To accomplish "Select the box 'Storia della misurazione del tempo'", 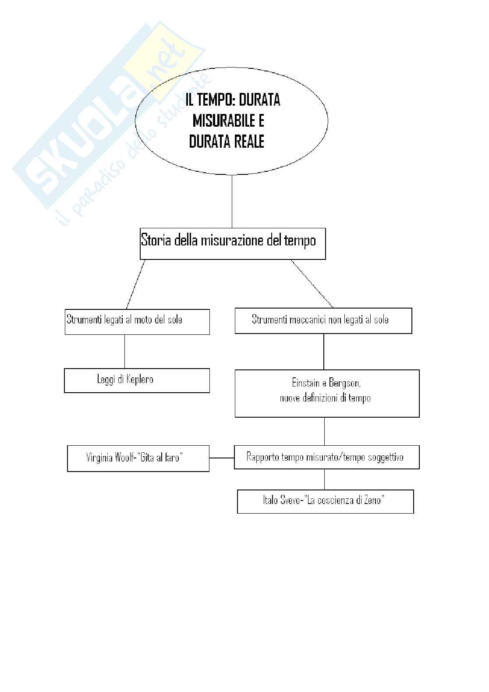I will tap(233, 244).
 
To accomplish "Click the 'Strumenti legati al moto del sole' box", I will tap(137, 322).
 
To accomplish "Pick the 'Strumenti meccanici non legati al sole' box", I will tap(323, 320).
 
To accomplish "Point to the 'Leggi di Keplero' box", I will tap(137, 380).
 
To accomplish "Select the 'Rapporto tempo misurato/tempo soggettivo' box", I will tap(326, 457).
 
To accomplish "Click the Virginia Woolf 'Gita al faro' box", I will tap(138, 458).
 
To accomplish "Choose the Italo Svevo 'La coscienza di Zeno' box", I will tap(325, 501).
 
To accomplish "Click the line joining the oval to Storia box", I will tap(231, 202).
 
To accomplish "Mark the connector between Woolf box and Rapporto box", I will tap(222, 458).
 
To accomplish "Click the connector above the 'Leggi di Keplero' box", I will tap(125, 351).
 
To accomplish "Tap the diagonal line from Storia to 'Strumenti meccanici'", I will tap(312, 284).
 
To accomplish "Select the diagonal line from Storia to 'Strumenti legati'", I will tap(135, 284).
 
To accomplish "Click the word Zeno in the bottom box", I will tap(373, 500).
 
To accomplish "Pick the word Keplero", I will tap(139, 380).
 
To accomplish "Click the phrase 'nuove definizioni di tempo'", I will tap(325, 398).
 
